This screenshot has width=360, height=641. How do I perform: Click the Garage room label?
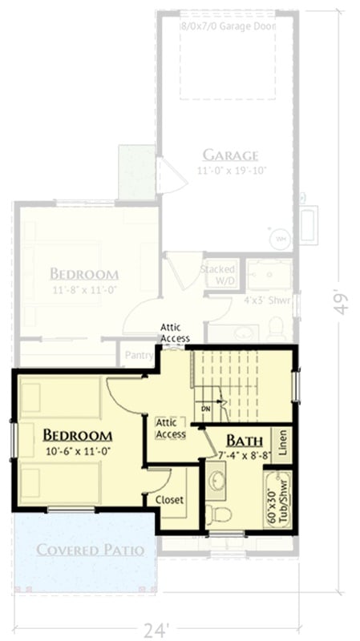pos(229,155)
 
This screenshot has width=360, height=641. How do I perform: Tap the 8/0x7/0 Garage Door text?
pos(228,26)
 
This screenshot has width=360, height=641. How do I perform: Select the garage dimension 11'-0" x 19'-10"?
pos(230,171)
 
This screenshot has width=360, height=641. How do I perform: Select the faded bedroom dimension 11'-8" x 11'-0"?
pos(84,291)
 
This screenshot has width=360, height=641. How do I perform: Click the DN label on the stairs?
pos(206,409)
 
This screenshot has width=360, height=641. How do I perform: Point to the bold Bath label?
pos(241,440)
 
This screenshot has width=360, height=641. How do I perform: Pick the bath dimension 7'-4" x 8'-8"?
pos(244,455)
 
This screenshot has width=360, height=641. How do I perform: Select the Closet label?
pos(169,499)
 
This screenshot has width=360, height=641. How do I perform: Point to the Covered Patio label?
pos(90,550)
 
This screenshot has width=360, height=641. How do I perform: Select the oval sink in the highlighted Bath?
pos(217,481)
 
